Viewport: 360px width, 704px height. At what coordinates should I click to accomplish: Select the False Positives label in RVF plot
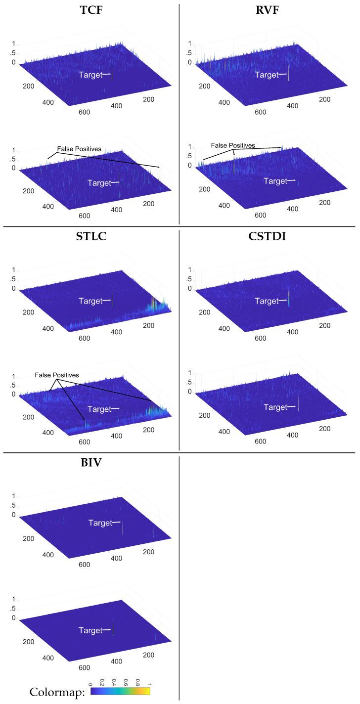pyautogui.click(x=233, y=145)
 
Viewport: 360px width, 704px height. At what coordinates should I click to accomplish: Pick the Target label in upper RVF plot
pyautogui.click(x=267, y=75)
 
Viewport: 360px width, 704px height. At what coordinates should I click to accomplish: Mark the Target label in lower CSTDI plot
pyautogui.click(x=275, y=407)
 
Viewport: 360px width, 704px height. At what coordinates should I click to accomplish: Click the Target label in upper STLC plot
pyautogui.click(x=90, y=301)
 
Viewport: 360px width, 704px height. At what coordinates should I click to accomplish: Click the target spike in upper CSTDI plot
pyautogui.click(x=288, y=298)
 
